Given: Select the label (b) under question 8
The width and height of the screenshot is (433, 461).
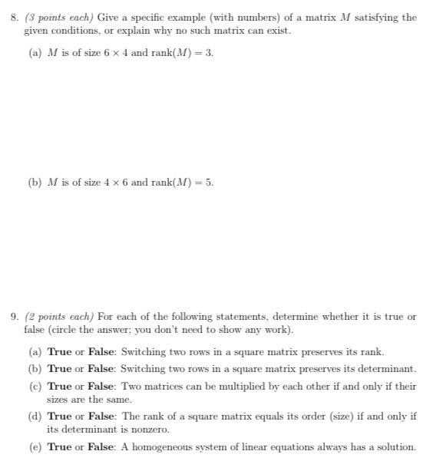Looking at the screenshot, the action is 35,183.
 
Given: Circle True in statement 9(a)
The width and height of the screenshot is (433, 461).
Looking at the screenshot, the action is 60,352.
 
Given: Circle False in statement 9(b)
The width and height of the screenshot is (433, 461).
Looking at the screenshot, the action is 101,368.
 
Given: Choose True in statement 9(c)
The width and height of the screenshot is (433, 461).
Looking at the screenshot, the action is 60,385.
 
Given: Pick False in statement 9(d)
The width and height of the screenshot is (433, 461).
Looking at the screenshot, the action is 101,416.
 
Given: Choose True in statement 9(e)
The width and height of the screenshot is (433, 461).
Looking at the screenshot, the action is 60,446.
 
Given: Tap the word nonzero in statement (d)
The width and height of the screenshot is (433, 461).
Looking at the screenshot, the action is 150,430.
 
